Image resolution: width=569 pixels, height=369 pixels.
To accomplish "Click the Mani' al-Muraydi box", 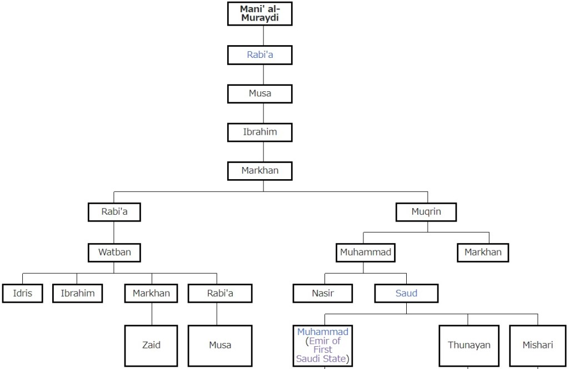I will [x=259, y=13].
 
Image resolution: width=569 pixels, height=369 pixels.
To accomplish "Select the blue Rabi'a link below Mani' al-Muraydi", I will [x=259, y=55].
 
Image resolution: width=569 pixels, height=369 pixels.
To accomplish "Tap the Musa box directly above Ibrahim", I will [x=259, y=94].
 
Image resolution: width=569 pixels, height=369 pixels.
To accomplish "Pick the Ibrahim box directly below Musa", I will [x=259, y=132].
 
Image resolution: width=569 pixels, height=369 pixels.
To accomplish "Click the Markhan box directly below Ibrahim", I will [x=259, y=171].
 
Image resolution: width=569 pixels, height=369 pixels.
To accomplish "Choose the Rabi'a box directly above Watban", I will [x=114, y=212].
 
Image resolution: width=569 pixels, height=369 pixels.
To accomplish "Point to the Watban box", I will [x=114, y=252].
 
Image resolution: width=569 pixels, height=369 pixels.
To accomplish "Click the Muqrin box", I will [x=426, y=212].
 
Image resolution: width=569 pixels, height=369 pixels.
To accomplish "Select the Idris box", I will [x=22, y=293].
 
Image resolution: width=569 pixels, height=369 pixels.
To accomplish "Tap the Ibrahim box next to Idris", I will [x=77, y=293].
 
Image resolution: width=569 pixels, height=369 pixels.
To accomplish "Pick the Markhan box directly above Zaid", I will [x=151, y=293].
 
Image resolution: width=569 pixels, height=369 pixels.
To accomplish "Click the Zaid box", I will [x=151, y=345].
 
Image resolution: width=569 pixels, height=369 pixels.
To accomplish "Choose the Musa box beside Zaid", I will [x=220, y=345].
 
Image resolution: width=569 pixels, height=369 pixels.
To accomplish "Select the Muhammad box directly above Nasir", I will [x=365, y=252].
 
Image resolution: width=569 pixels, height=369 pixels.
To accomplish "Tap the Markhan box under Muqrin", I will [x=483, y=252].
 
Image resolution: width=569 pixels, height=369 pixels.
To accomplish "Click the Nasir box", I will [x=323, y=293].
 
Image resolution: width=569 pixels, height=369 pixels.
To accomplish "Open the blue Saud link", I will [x=406, y=293].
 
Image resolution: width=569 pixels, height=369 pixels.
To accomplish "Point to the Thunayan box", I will [x=469, y=345].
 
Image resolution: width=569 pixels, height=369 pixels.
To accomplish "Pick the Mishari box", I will [x=537, y=345].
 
